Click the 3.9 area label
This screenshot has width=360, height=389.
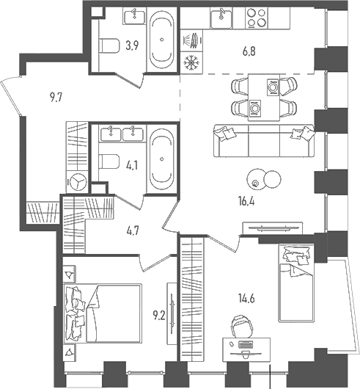point(132,46)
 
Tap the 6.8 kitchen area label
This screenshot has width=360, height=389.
point(249,52)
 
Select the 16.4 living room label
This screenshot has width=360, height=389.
point(246,202)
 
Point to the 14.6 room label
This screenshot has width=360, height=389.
point(246,299)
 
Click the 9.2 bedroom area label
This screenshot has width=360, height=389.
point(159,316)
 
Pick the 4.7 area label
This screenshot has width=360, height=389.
point(132,231)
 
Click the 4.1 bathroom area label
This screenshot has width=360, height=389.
point(131,165)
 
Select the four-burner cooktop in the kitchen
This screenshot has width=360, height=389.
point(257,18)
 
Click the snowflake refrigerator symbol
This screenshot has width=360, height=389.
point(191,62)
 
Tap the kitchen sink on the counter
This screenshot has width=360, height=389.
point(221,18)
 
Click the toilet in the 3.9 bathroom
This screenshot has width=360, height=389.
point(109,46)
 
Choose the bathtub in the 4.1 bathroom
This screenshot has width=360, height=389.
point(162,159)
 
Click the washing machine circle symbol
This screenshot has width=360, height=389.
point(78,181)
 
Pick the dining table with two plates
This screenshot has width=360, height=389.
point(264,97)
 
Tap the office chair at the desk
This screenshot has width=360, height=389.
point(241,326)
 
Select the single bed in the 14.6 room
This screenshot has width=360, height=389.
point(296,283)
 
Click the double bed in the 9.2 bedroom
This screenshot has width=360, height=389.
point(103,313)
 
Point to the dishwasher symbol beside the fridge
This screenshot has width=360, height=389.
point(191,40)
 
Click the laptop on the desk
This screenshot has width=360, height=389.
point(246,345)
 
